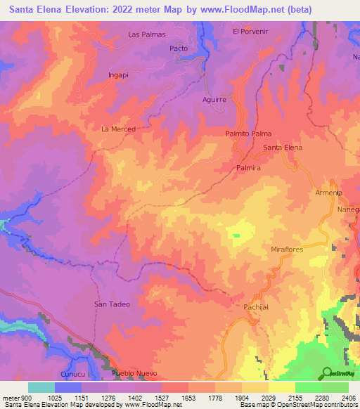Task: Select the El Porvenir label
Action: pos(251,31)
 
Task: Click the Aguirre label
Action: pos(214,100)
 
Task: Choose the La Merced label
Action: pos(118,129)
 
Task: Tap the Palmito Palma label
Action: pos(248,134)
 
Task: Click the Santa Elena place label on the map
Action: pos(283,148)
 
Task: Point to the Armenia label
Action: pos(328,193)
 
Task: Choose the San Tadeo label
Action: pos(110,304)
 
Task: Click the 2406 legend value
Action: pos(347,398)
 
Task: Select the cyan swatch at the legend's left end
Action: pos(41,387)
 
